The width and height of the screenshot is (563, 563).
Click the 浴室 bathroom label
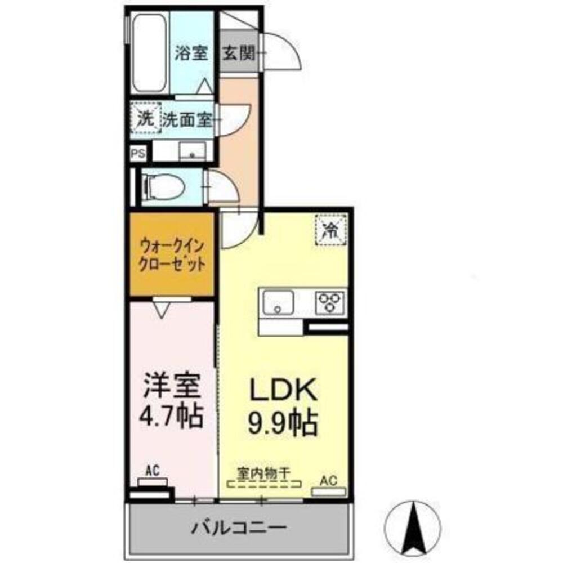pyautogui.click(x=191, y=54)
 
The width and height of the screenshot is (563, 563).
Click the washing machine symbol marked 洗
pyautogui.click(x=146, y=119)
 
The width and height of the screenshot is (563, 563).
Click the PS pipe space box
pyautogui.click(x=137, y=153)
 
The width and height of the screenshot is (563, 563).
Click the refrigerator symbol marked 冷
pyautogui.click(x=331, y=229)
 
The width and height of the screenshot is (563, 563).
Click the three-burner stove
pyautogui.click(x=329, y=302)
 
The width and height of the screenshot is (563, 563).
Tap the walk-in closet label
pyautogui.click(x=172, y=254)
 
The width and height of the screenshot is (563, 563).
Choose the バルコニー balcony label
pyautogui.click(x=239, y=529)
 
